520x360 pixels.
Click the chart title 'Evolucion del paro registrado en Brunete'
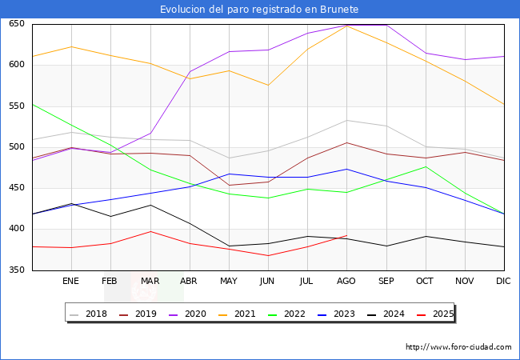coord(259,10)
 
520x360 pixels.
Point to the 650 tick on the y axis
coord(17,24)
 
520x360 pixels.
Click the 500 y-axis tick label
coord(17,147)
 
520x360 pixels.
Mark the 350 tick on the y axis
coord(17,270)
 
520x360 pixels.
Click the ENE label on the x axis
coord(71,282)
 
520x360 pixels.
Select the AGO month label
coord(346,282)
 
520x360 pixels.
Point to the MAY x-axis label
coord(229,282)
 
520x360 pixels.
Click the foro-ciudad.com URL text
coord(458,347)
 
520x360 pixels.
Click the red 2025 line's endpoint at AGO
coord(346,235)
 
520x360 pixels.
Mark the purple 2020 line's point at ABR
coord(190,71)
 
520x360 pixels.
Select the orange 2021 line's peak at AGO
coord(346,26)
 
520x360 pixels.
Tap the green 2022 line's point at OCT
coord(426,166)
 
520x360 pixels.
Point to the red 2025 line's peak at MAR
coord(150,231)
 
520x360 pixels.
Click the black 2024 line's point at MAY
coord(229,246)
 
